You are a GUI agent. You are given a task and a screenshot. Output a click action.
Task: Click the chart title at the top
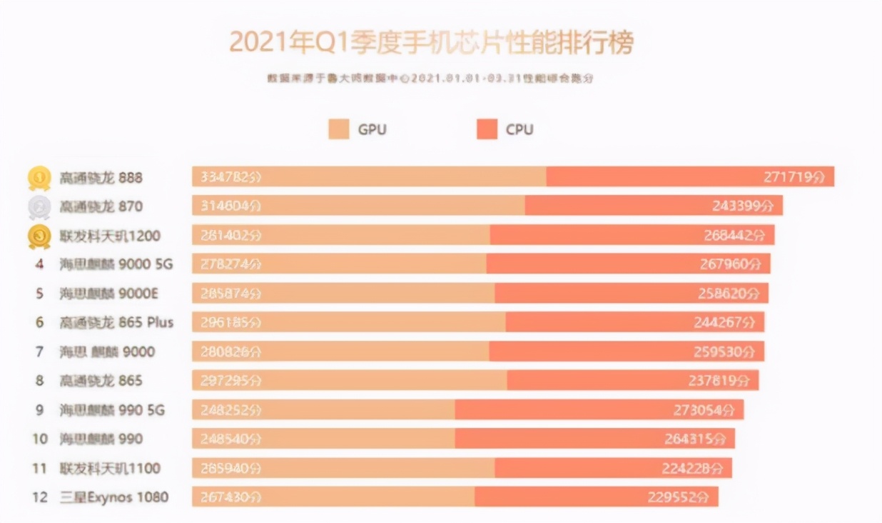(431, 43)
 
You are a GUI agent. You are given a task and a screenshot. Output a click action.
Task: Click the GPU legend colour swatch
(339, 129)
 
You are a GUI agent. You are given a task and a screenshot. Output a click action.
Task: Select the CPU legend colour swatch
(487, 129)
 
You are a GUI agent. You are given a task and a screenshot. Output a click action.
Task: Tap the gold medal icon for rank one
(39, 177)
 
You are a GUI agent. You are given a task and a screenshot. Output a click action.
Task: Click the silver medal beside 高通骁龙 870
(39, 206)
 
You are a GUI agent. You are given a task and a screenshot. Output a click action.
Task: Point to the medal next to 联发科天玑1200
(39, 236)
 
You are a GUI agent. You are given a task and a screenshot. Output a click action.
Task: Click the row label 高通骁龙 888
(101, 177)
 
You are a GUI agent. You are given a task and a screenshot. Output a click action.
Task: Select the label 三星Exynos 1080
(114, 497)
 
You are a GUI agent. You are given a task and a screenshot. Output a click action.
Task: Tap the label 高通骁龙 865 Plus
(116, 322)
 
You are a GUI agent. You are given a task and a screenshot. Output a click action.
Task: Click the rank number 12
(39, 497)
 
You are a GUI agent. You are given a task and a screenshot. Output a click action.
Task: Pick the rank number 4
(39, 264)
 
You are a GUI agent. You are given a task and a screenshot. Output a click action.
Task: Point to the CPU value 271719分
(794, 177)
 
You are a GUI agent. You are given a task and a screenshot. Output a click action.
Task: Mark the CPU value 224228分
(692, 468)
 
